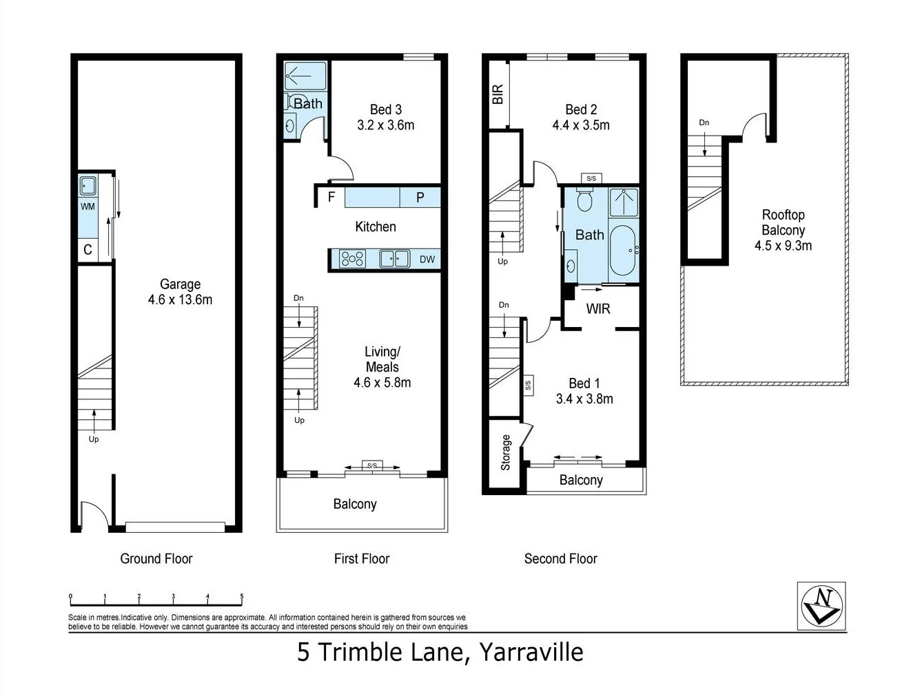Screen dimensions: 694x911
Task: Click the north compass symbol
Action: coord(821,606)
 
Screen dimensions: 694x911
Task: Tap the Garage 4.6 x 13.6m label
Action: coord(180,292)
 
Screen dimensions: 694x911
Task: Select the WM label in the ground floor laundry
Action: coord(88,207)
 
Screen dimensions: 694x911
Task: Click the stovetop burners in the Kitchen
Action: coord(352,259)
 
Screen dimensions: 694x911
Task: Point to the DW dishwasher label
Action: coord(427,260)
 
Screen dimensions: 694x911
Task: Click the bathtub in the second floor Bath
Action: coord(624,249)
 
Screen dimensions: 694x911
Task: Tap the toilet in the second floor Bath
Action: coord(584,201)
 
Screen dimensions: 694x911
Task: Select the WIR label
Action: coord(597,308)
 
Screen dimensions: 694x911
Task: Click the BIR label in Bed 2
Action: coord(498,94)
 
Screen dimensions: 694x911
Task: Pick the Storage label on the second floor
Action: coord(505,452)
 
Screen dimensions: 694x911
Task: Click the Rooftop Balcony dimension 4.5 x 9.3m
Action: coord(783,246)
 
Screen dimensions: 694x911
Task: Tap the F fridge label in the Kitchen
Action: coord(331,198)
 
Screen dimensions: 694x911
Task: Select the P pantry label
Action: coord(420,198)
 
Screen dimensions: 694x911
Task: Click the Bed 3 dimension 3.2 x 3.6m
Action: coord(385,125)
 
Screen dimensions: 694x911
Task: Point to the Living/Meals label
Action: coord(382,359)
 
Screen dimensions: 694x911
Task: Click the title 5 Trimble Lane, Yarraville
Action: coord(440,652)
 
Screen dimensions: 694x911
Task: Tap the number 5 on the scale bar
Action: coord(241,596)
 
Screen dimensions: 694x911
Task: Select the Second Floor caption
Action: coord(560,559)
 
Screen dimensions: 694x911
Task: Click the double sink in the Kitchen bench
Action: coord(394,259)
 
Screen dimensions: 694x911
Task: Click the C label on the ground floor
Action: coord(88,250)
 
